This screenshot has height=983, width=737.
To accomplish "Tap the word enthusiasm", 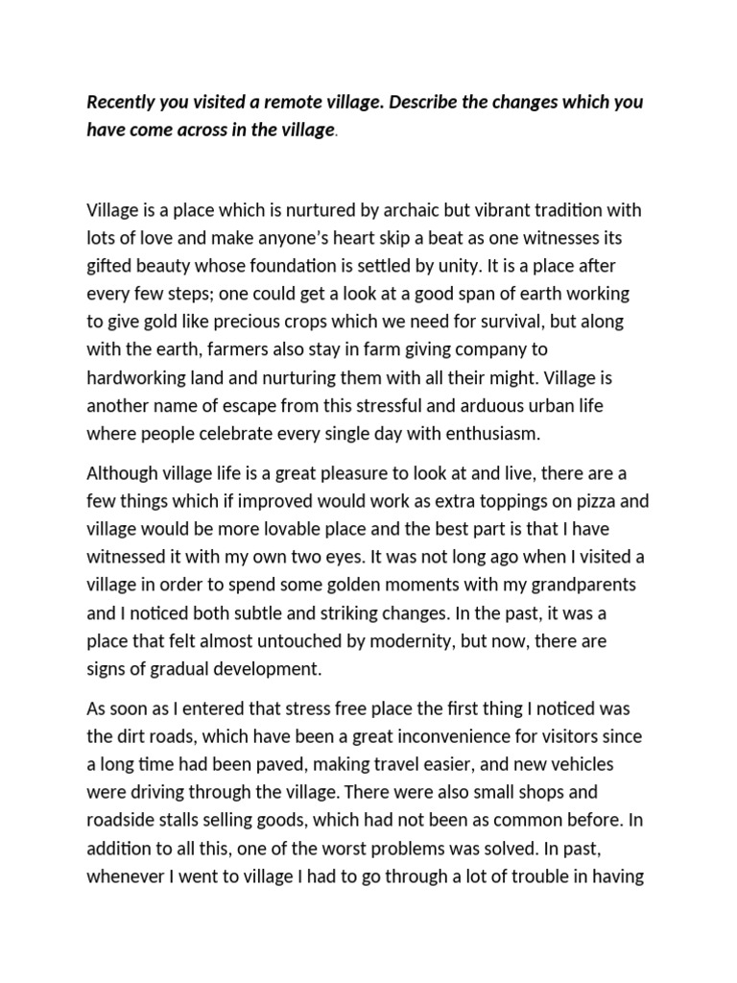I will pos(487,433).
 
